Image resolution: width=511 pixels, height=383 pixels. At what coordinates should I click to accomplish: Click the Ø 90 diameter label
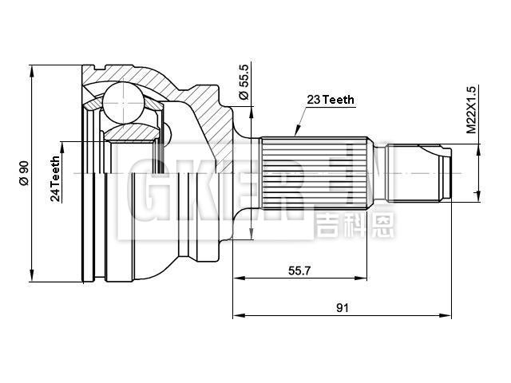[24, 173]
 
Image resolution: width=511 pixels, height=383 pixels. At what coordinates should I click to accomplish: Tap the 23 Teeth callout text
[331, 100]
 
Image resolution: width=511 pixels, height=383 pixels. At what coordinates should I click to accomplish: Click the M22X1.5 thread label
[471, 109]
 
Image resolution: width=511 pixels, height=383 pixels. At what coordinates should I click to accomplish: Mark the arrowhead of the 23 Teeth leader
[296, 134]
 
